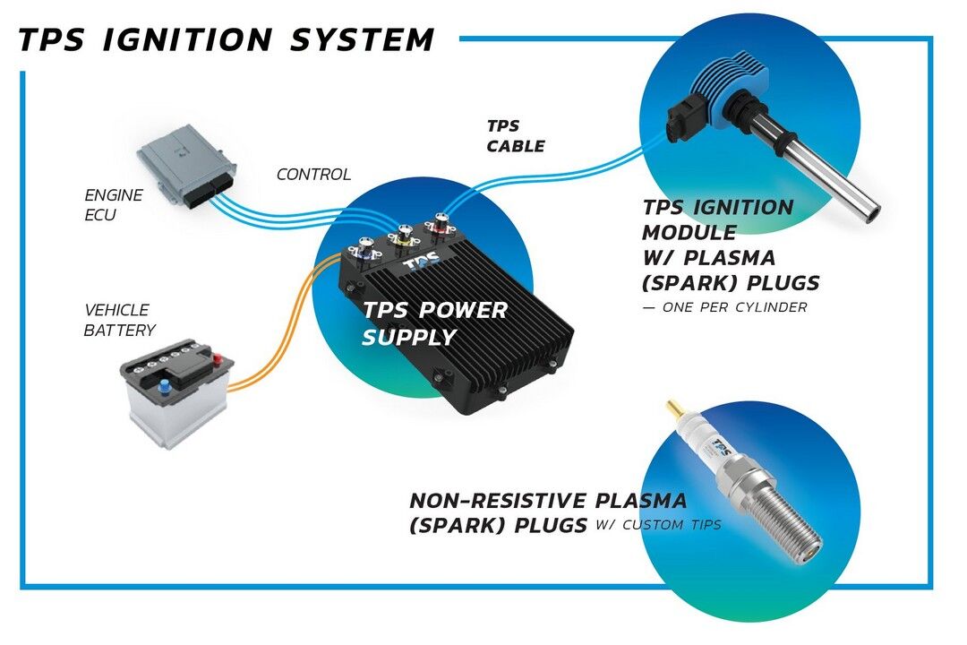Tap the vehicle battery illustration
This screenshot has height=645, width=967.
click(176, 395)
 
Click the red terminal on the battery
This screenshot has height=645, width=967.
click(217, 359)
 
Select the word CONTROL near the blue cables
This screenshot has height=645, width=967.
click(313, 175)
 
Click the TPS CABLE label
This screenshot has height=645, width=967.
click(515, 136)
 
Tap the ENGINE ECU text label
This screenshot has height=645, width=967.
click(113, 204)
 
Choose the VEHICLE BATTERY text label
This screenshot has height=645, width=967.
click(119, 320)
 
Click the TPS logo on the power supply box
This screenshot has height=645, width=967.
click(421, 266)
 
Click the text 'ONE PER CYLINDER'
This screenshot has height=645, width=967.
click(732, 307)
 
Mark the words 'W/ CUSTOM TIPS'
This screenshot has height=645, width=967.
click(657, 525)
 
